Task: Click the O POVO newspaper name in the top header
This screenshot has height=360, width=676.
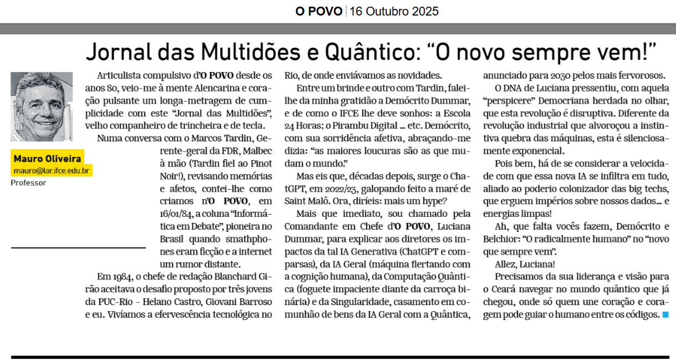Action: tap(319, 11)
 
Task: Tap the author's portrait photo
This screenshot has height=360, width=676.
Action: tap(42, 106)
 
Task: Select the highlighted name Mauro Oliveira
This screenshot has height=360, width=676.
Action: tap(48, 159)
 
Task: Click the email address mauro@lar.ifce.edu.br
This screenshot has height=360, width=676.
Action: tap(52, 170)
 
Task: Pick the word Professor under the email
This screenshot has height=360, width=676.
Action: tap(29, 182)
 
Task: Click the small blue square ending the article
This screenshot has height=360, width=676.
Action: tap(665, 315)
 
